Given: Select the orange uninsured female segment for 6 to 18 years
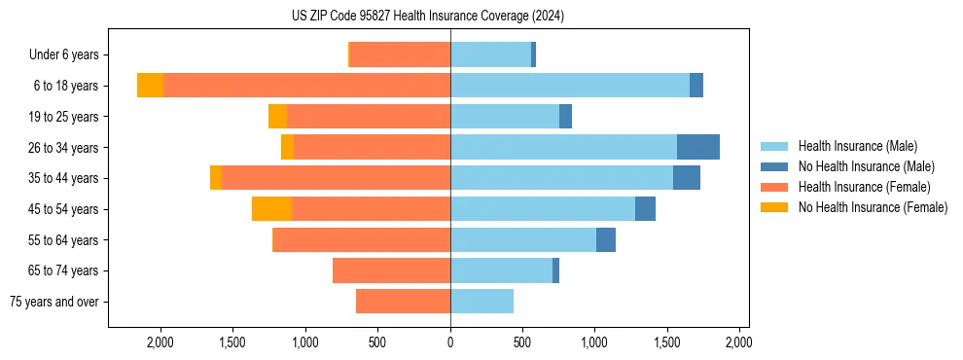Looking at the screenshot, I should click(150, 86).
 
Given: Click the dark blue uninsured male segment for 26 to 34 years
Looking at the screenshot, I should click(698, 147).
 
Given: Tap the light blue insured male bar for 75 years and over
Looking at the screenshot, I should click(481, 302).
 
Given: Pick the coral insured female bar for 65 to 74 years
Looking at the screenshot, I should click(391, 270).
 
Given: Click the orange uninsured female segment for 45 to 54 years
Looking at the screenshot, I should click(271, 209).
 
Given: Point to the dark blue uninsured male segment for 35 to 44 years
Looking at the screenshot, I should click(687, 178).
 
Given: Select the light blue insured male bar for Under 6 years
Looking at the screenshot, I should click(490, 54).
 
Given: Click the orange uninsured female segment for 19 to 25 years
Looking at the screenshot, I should click(277, 117).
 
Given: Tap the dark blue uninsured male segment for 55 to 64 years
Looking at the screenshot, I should click(606, 239).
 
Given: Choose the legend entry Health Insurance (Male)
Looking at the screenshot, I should click(857, 146).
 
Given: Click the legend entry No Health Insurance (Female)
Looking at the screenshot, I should click(873, 207).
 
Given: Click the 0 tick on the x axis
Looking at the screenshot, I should click(450, 342).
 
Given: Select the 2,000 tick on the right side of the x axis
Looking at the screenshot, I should click(738, 342).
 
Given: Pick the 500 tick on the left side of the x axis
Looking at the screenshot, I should click(378, 342).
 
